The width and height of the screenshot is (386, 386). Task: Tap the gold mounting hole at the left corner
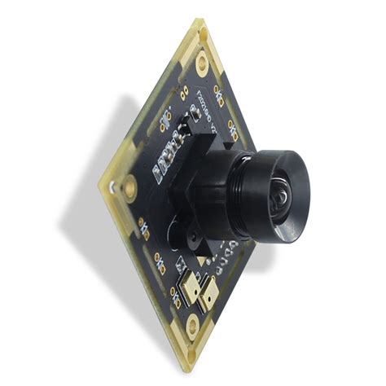tap(129, 189)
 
